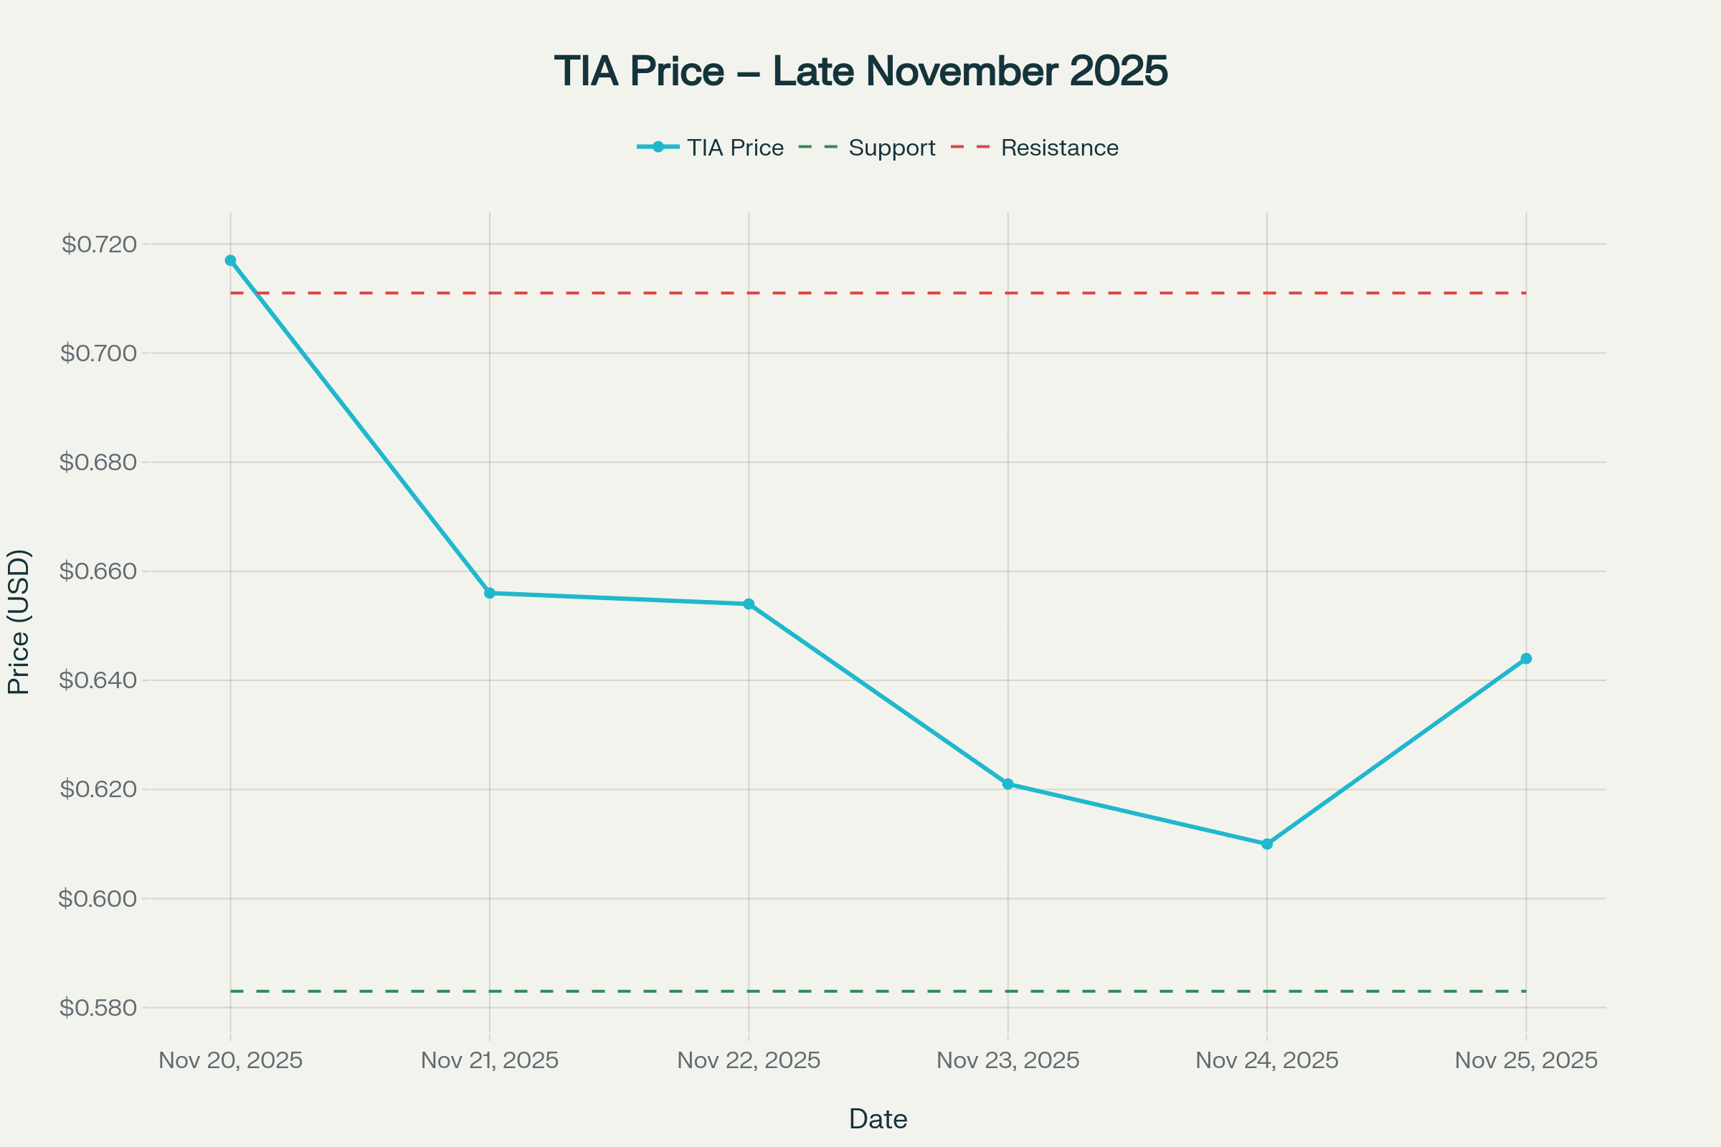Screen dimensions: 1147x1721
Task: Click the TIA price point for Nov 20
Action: tap(230, 260)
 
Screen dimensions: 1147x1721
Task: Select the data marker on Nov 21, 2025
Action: tap(490, 594)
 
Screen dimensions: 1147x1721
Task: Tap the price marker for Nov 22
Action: tap(749, 604)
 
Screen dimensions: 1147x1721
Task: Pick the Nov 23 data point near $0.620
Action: tap(1008, 784)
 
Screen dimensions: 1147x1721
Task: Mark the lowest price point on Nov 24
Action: tap(1267, 844)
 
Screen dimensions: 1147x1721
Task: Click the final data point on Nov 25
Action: tap(1526, 659)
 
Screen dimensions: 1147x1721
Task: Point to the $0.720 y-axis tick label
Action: tap(100, 244)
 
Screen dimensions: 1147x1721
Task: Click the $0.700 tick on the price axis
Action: tap(99, 353)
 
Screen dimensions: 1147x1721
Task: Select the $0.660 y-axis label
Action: tap(99, 571)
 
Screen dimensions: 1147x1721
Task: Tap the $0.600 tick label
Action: tap(99, 898)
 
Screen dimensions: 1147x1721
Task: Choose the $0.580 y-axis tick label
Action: tap(99, 1008)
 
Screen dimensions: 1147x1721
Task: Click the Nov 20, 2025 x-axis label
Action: tap(230, 1061)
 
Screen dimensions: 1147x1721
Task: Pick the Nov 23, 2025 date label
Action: tap(1008, 1061)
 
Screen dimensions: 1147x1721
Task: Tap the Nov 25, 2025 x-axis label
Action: tap(1526, 1061)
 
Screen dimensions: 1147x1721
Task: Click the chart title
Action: tap(860, 72)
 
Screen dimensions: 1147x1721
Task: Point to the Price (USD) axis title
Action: tap(19, 622)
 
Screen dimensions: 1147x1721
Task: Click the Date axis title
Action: tap(878, 1119)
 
